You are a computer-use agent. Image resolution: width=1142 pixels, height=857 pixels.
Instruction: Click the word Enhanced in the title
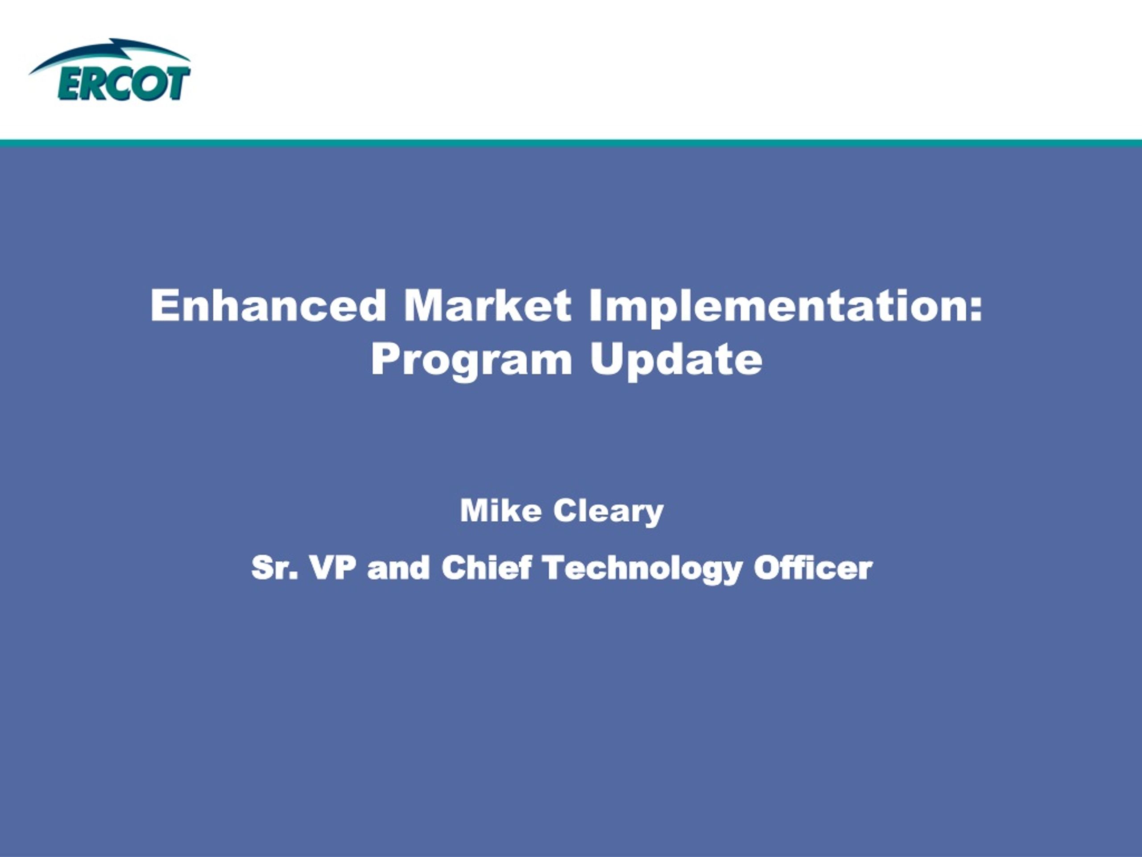tap(269, 305)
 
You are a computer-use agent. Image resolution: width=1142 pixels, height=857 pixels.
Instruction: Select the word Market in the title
tap(488, 305)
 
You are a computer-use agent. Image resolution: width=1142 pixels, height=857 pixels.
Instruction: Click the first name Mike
tap(501, 510)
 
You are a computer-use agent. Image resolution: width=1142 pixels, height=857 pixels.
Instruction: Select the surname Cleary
tap(608, 512)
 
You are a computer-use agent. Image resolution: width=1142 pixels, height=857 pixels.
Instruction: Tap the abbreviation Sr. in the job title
tap(275, 567)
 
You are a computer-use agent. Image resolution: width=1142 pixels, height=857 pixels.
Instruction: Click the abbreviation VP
tap(333, 567)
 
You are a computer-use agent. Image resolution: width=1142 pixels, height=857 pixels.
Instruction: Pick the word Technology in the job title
tap(642, 569)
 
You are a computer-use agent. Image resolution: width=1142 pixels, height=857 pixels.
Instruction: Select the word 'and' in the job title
tap(398, 567)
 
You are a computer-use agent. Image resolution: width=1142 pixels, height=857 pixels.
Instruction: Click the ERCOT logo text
tap(124, 83)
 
